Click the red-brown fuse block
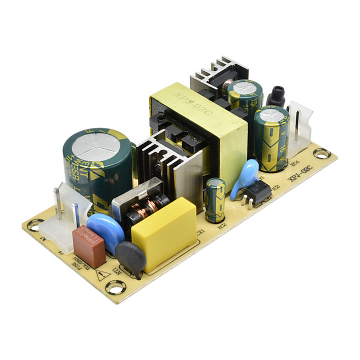[88, 246]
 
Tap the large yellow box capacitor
[163, 233]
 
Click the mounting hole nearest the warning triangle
[115, 287]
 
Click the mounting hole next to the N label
[33, 226]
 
